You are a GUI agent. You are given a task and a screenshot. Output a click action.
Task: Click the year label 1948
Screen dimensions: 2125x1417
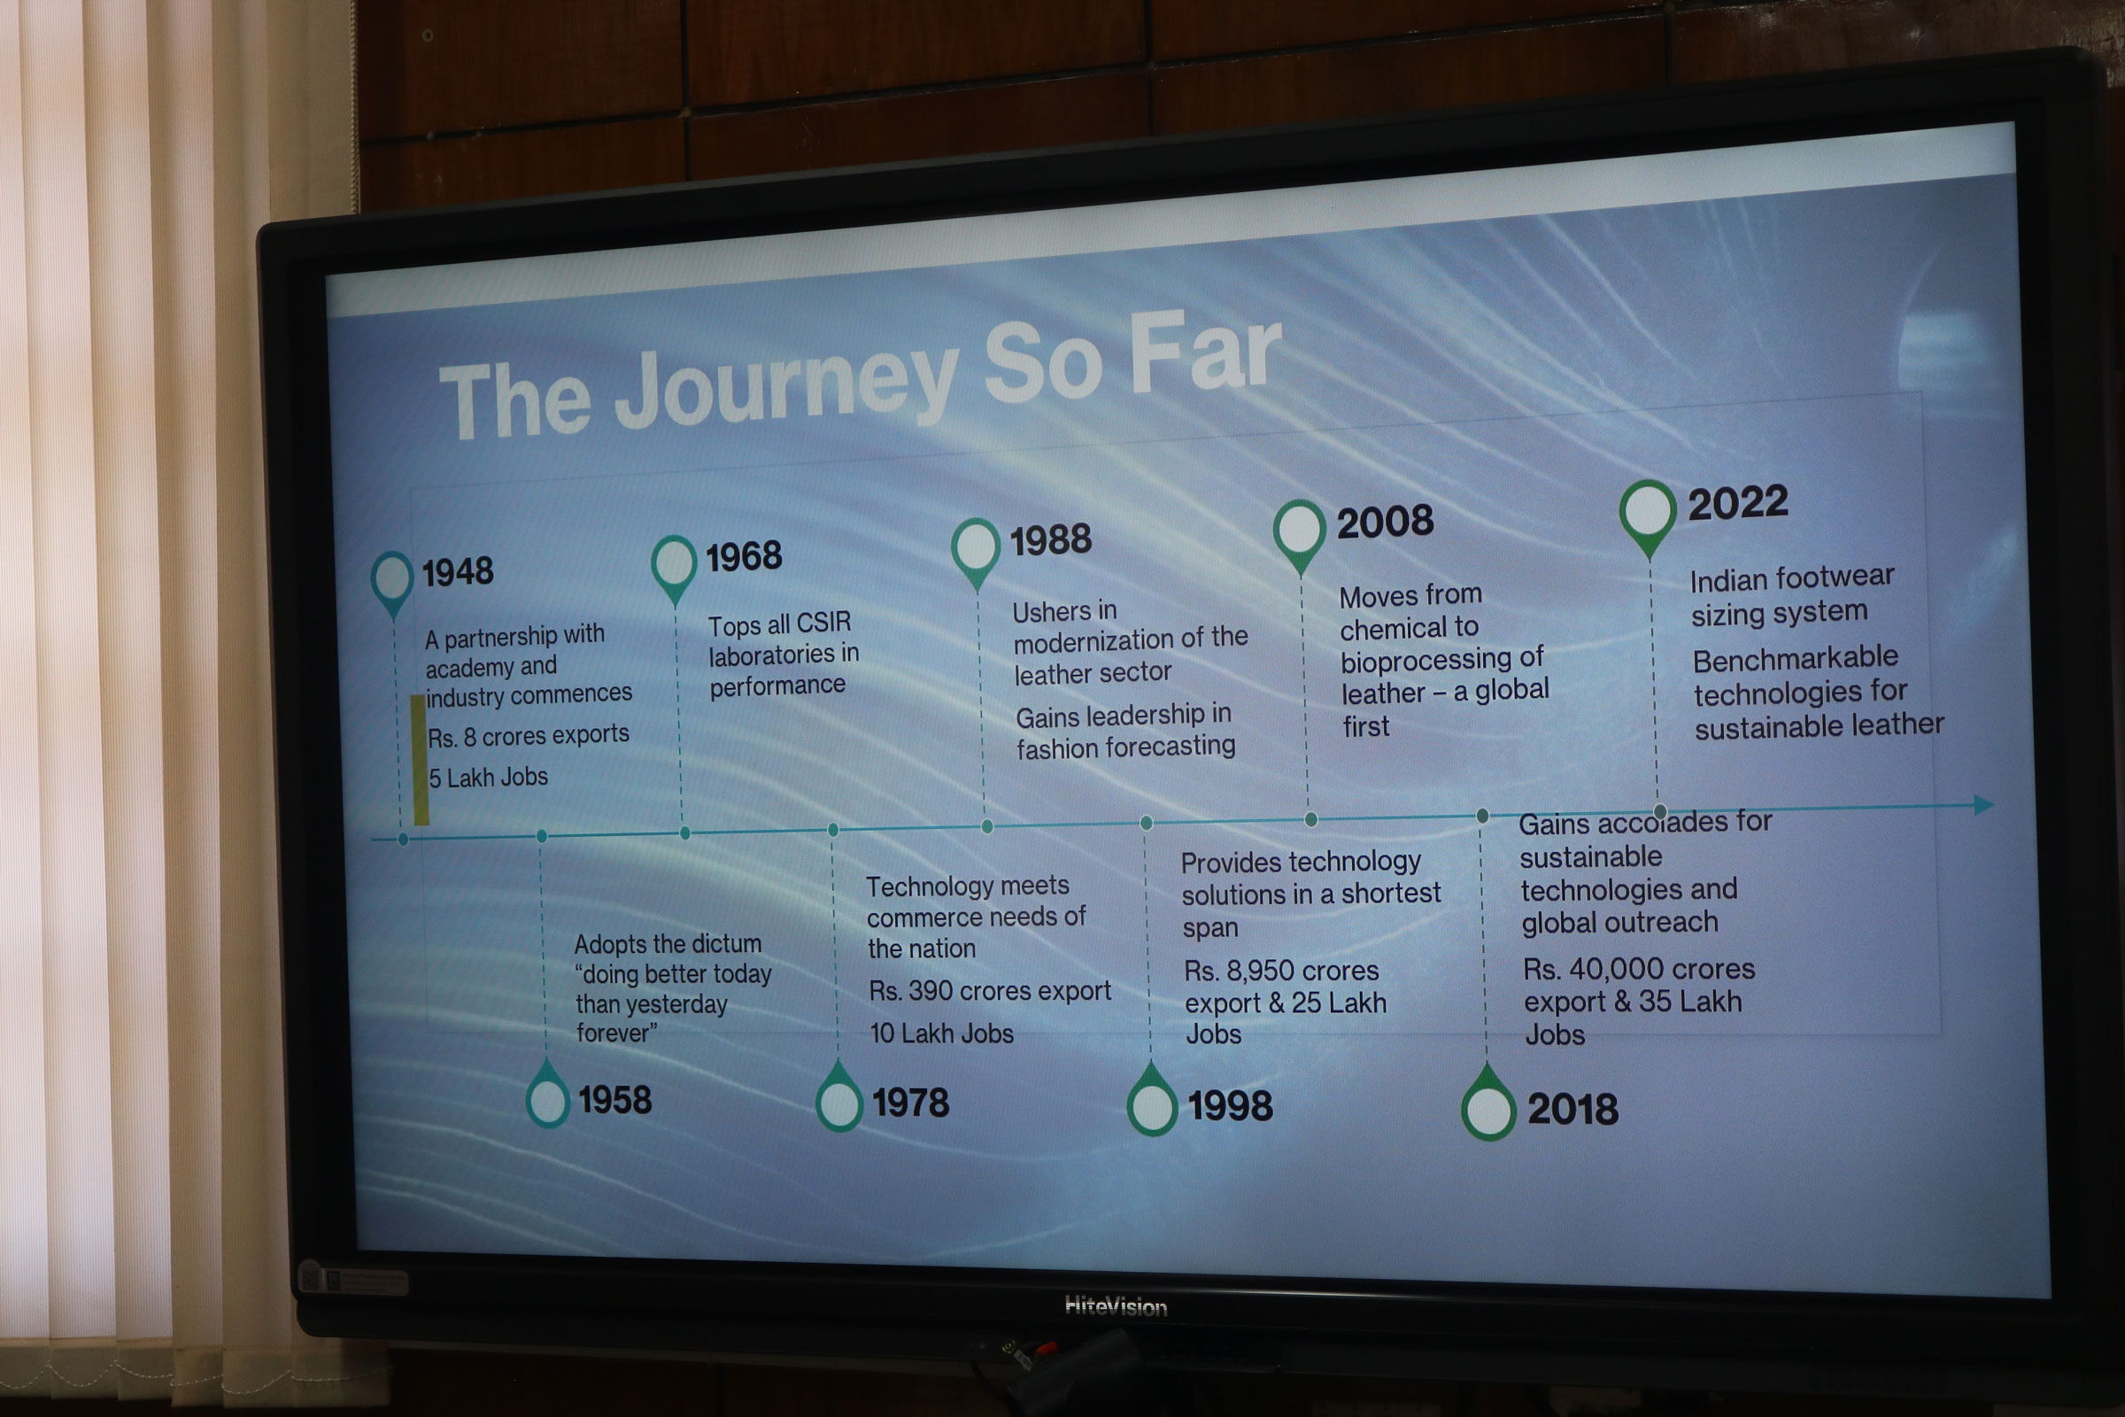(458, 571)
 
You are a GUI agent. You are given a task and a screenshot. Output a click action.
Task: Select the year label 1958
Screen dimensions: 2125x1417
(614, 1100)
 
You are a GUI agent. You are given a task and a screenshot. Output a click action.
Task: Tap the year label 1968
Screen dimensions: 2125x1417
(744, 556)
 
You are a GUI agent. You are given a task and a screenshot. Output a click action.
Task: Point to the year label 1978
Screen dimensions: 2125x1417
(911, 1103)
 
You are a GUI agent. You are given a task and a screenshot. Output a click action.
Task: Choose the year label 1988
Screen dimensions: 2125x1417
(1051, 540)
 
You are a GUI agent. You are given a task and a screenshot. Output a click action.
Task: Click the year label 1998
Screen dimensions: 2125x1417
(1230, 1105)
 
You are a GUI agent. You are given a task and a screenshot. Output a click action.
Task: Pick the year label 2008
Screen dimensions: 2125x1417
(1385, 522)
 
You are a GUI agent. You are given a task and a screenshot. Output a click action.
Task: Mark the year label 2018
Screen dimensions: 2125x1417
(1573, 1109)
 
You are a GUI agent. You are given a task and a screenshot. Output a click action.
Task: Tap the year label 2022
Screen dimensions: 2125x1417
(1738, 502)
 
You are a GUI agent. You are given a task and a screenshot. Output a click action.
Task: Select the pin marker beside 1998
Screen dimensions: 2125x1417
(1152, 1099)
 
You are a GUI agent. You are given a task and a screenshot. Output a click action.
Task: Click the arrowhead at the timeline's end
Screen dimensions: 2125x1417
(1983, 804)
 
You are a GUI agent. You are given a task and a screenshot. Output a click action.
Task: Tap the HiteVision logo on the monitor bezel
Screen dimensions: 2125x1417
(1116, 1305)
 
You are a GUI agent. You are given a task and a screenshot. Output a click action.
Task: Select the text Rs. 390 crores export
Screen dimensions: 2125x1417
(989, 990)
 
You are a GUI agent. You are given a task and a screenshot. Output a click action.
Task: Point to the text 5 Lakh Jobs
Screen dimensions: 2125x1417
(488, 778)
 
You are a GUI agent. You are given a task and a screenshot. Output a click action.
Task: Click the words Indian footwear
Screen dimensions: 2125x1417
(1791, 577)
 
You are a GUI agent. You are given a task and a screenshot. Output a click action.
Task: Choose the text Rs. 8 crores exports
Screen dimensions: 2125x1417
(528, 736)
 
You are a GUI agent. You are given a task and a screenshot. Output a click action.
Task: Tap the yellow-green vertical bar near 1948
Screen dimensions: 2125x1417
(419, 759)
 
